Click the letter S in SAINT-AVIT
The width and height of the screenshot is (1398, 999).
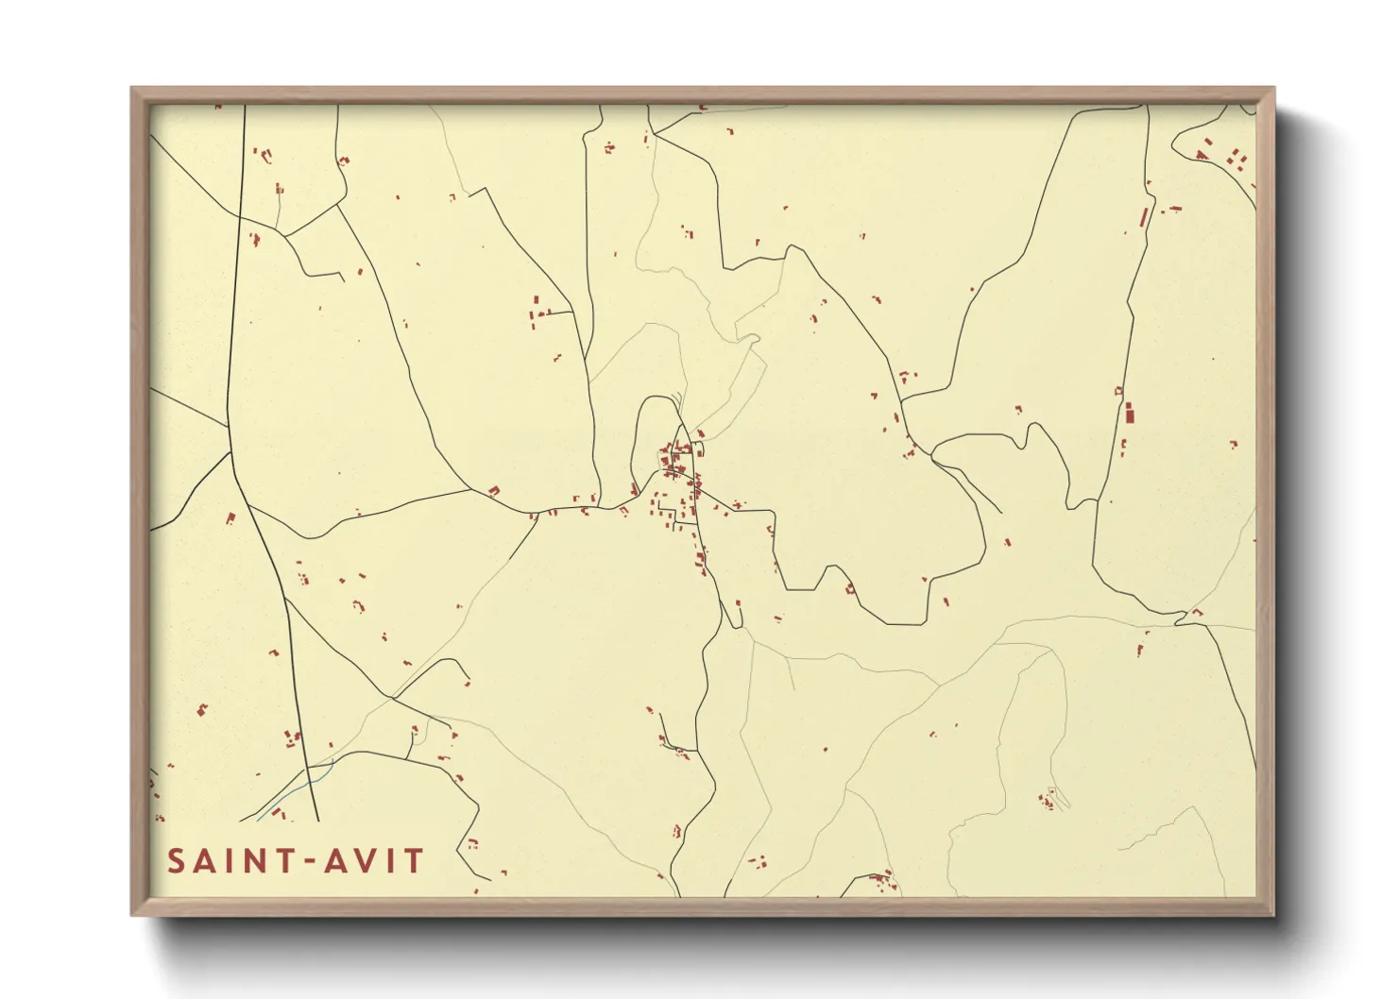(x=177, y=861)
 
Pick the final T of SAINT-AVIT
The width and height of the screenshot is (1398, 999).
(x=413, y=861)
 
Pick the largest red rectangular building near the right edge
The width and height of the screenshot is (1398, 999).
(x=1128, y=413)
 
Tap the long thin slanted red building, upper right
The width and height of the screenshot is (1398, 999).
(x=1144, y=216)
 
